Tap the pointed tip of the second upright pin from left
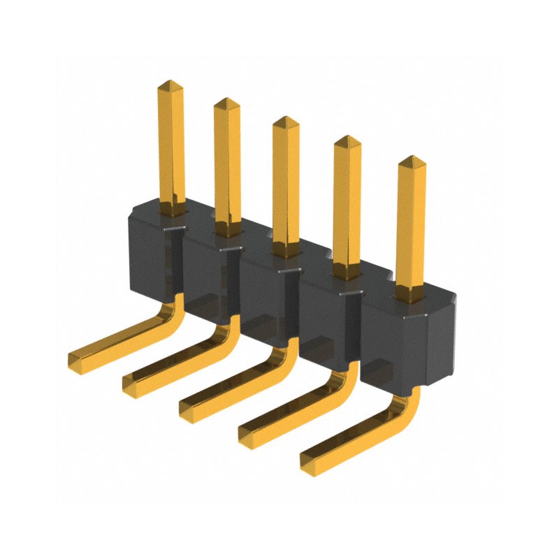(x=226, y=103)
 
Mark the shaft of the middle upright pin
(x=286, y=189)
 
